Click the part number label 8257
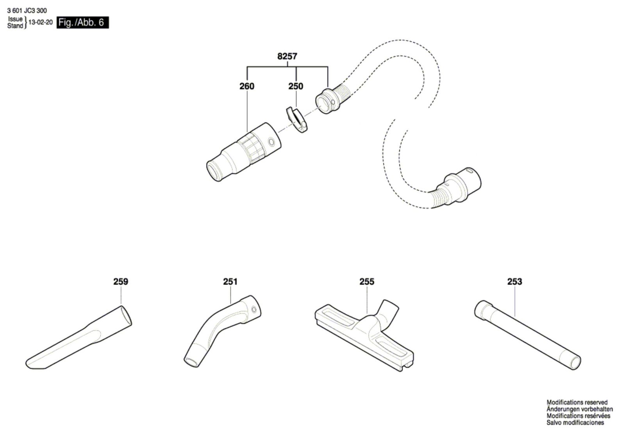click(x=287, y=56)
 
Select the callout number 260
click(x=246, y=86)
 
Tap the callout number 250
click(x=295, y=86)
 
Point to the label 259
click(x=121, y=281)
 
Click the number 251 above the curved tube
click(x=230, y=281)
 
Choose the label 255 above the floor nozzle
click(x=367, y=281)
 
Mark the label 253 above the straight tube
click(x=514, y=281)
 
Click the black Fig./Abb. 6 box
click(x=82, y=22)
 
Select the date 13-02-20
click(x=41, y=22)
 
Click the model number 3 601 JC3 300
click(x=27, y=11)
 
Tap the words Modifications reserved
click(x=577, y=402)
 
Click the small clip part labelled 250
click(x=296, y=119)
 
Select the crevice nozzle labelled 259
click(x=79, y=338)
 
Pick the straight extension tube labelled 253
click(x=528, y=335)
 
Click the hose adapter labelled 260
click(x=244, y=152)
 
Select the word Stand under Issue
click(x=15, y=26)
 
